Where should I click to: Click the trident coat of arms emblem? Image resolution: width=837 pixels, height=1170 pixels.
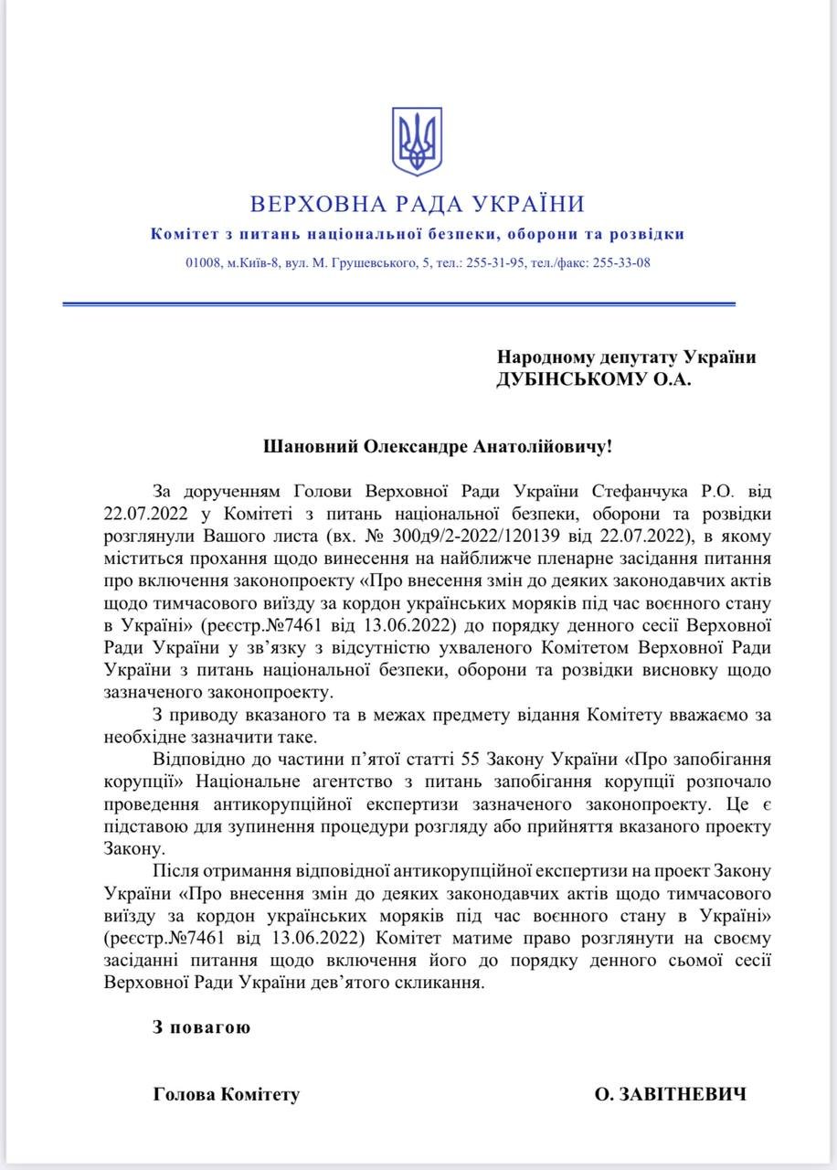tap(417, 142)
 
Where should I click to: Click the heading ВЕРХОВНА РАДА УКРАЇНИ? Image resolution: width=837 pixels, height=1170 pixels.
tap(418, 204)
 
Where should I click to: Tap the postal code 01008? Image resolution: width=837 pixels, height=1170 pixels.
tap(203, 263)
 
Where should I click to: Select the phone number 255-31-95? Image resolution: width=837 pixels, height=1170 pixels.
tap(494, 263)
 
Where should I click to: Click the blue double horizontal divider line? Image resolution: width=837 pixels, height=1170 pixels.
tap(398, 303)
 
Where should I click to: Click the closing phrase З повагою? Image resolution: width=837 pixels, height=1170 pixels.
tap(201, 1026)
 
